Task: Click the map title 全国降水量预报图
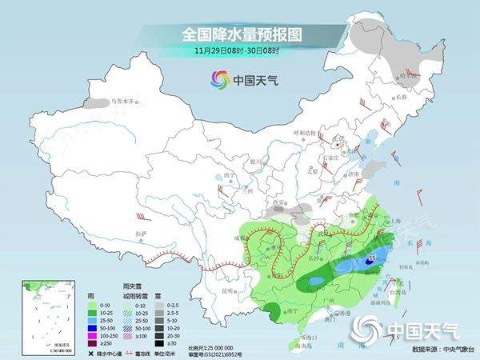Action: coord(239,35)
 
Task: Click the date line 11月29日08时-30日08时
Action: coord(240,51)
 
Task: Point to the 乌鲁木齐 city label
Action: coord(126,102)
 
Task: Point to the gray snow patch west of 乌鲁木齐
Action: coord(97,104)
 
